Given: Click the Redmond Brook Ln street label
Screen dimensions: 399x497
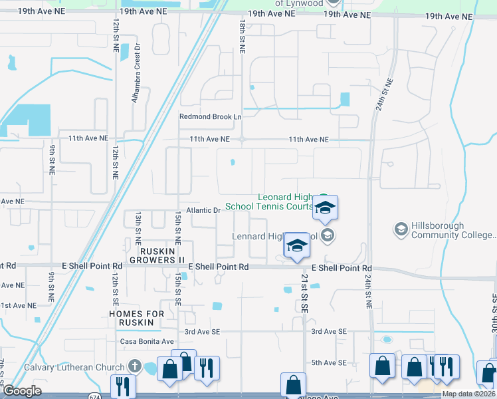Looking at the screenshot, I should coord(210,116).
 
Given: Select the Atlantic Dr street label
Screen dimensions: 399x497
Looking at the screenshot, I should coord(203,210).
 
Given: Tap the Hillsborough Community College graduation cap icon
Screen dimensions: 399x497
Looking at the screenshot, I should coord(401,229).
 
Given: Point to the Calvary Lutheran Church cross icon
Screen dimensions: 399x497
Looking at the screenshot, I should coord(135,366).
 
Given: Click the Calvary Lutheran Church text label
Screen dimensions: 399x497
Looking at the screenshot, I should coord(74,367).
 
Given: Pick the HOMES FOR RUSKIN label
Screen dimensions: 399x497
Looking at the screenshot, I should coord(135,318).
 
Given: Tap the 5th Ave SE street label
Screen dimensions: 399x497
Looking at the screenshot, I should coord(329,362).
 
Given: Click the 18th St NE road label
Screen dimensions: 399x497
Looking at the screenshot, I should coord(243,36).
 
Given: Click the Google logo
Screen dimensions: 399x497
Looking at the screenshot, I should coord(22,391).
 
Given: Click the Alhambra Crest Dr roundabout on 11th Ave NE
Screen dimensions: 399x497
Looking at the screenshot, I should coord(243,140).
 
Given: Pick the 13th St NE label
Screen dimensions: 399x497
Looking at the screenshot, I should coord(138,226).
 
